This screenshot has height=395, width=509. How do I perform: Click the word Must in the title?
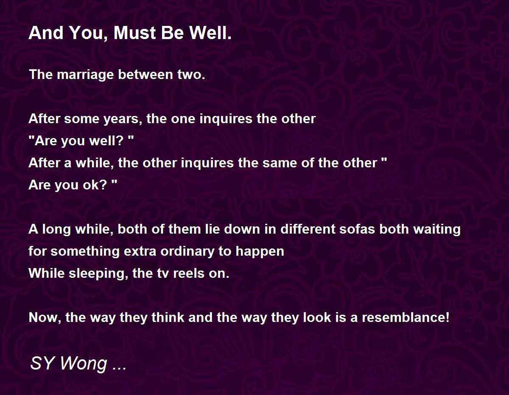pyautogui.click(x=135, y=33)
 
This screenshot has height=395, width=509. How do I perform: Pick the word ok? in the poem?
pyautogui.click(x=95, y=185)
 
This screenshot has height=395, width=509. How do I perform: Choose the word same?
pyautogui.click(x=280, y=163)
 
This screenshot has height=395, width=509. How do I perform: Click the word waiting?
pyautogui.click(x=437, y=230)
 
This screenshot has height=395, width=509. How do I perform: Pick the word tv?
pyautogui.click(x=163, y=274)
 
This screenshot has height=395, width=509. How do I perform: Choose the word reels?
pyautogui.click(x=189, y=273)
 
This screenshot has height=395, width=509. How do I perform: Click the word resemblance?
pyautogui.click(x=406, y=317)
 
